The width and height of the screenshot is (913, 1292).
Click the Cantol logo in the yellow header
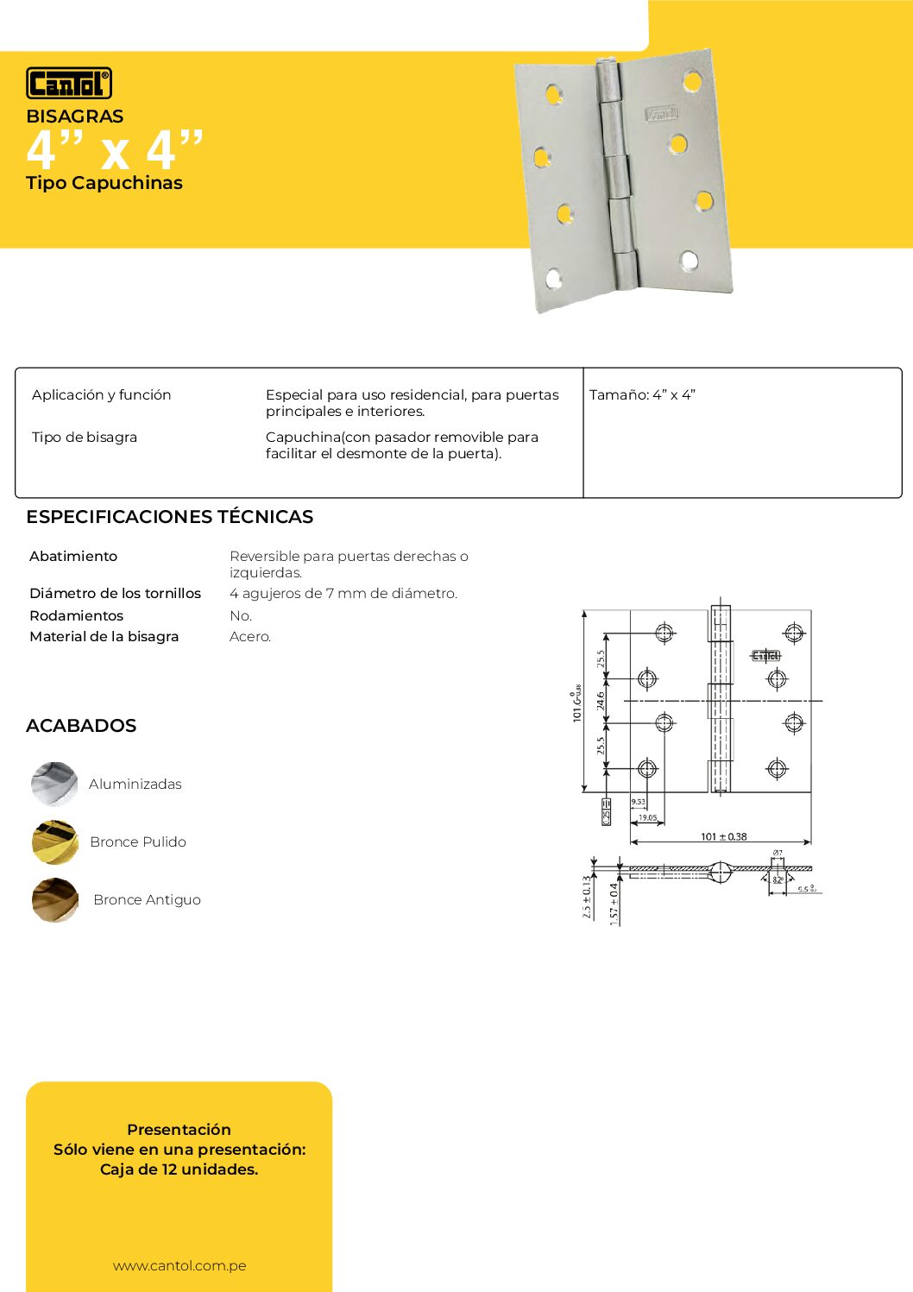click(x=69, y=83)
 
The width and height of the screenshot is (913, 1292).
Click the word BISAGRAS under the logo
click(x=74, y=117)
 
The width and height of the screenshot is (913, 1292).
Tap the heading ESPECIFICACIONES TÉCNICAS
click(x=169, y=517)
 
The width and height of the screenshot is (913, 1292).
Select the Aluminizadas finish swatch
click(x=54, y=784)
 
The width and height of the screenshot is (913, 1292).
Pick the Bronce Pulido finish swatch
click(x=54, y=841)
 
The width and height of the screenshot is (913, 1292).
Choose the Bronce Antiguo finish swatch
click(x=54, y=899)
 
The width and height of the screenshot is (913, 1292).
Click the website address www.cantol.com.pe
click(x=179, y=1265)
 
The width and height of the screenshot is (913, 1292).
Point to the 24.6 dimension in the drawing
click(x=601, y=700)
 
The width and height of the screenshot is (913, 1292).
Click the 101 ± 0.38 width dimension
click(x=723, y=836)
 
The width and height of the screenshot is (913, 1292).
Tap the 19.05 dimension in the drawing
click(x=647, y=817)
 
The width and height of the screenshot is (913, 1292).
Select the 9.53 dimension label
click(x=638, y=802)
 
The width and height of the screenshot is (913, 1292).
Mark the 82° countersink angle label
click(x=778, y=879)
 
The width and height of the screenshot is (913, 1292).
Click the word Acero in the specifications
click(x=250, y=637)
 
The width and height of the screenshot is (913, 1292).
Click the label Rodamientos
click(x=76, y=615)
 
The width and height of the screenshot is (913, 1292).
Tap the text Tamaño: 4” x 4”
click(x=642, y=395)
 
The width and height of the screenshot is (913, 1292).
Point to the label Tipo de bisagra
click(x=85, y=438)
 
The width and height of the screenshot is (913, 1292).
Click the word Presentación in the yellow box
click(x=179, y=1130)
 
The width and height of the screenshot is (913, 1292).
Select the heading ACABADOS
click(x=81, y=726)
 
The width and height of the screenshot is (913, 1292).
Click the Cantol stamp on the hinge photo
click(x=662, y=114)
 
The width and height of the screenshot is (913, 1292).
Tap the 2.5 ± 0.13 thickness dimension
click(x=587, y=898)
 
